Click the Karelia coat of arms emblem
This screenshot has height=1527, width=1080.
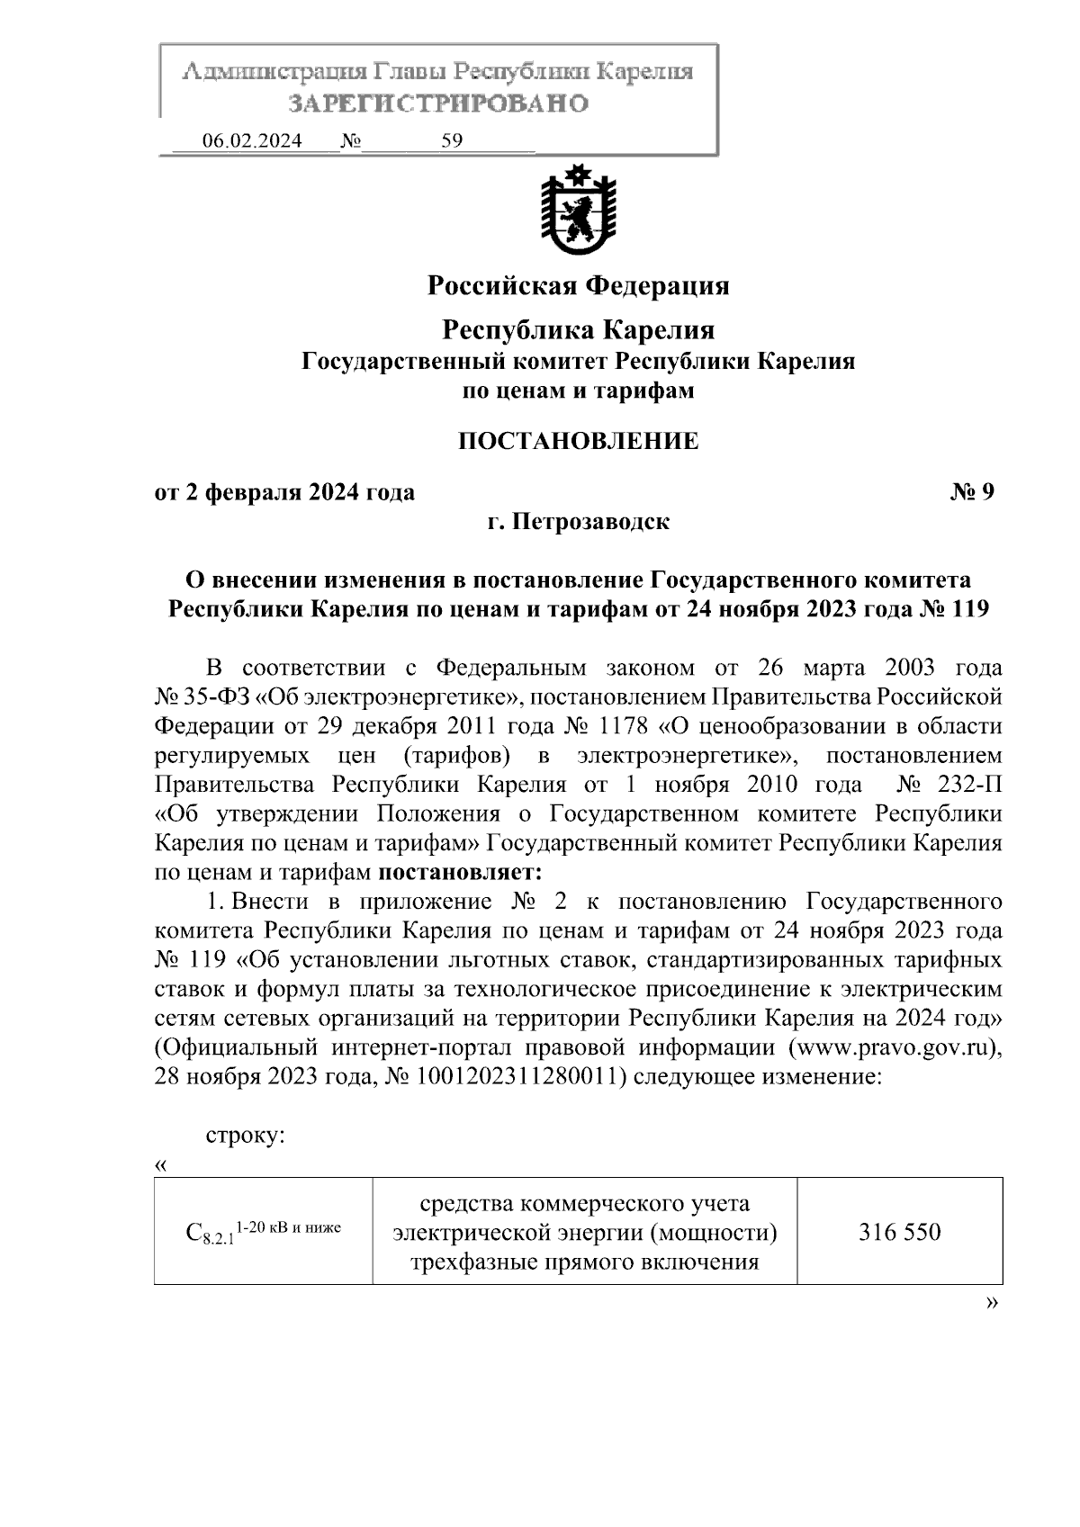[577, 209]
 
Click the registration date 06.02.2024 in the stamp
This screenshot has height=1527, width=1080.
[251, 141]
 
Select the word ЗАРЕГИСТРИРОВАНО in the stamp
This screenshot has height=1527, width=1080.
[438, 103]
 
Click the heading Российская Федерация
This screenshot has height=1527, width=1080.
[577, 286]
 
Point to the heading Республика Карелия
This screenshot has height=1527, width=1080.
[577, 330]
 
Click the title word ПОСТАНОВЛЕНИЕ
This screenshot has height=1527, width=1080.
[577, 441]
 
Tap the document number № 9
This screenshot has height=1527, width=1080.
[972, 492]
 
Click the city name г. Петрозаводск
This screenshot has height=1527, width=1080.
[577, 522]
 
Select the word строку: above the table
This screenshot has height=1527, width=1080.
[245, 1135]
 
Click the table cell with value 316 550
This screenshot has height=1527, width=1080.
[899, 1231]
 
